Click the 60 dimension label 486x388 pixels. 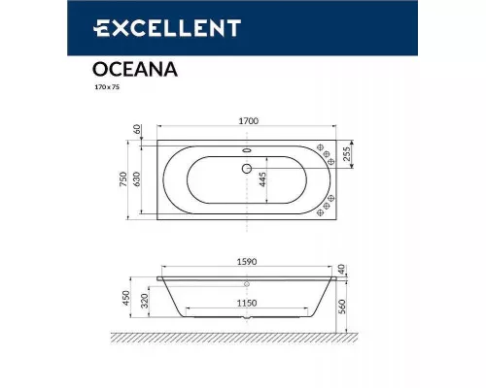coord(140,129)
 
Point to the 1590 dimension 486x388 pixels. coord(246,259)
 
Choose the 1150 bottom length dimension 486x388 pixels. coord(246,303)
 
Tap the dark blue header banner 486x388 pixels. coord(243,30)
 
